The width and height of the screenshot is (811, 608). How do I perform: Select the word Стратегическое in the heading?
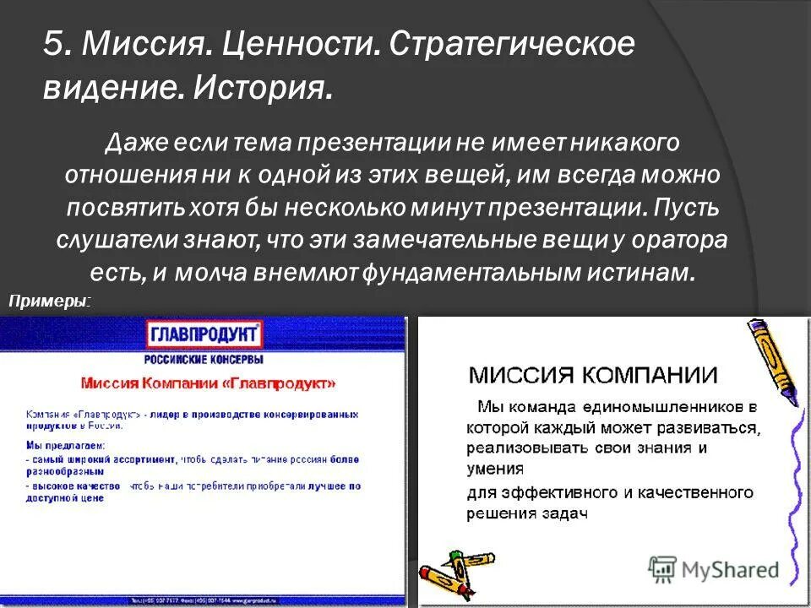[510, 45]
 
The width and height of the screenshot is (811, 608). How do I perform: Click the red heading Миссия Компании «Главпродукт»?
[208, 383]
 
